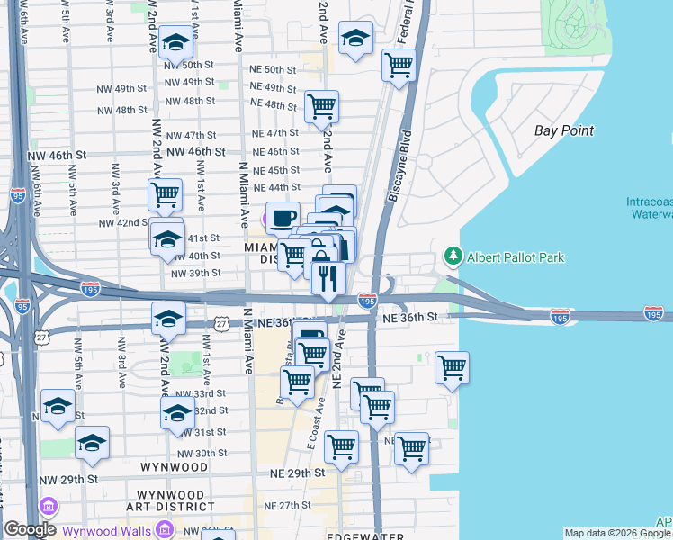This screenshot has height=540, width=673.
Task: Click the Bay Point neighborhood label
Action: [x=564, y=130]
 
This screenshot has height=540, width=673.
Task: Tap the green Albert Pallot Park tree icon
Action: [x=452, y=257]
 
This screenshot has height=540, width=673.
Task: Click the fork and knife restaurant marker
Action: [x=328, y=277]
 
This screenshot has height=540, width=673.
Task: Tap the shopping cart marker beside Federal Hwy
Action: [x=398, y=65]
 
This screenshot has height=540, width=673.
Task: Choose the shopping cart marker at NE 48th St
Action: [x=321, y=106]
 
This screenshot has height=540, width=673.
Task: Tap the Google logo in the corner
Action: [x=30, y=529]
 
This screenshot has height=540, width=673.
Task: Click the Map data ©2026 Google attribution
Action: [x=616, y=533]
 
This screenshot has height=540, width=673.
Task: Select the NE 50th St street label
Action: [x=274, y=69]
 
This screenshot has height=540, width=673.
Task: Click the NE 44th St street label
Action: [x=276, y=187]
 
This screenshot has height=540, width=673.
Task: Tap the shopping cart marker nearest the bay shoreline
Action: [x=452, y=367]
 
